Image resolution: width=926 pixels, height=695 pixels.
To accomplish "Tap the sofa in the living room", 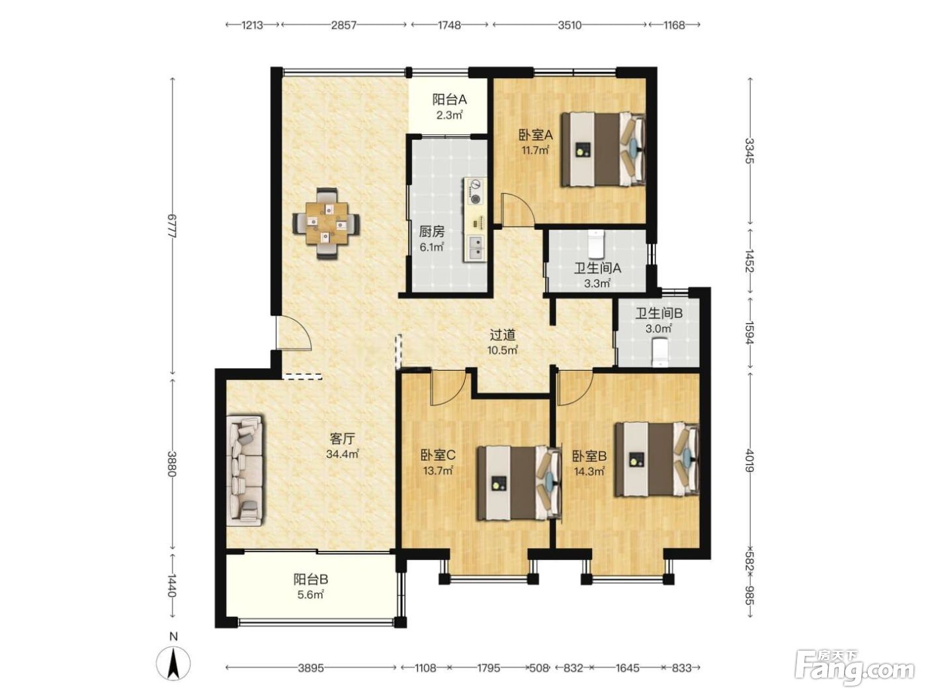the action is click(245, 471).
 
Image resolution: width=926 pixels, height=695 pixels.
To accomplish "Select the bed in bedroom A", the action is click(603, 149).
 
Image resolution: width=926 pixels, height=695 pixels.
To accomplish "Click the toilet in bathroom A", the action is click(595, 244).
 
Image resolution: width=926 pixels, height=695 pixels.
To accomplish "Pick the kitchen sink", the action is click(477, 248).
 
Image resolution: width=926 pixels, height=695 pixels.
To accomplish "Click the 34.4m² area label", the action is click(342, 454).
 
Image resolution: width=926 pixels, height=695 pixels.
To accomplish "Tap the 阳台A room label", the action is click(449, 99).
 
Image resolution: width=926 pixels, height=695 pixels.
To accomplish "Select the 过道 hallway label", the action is click(503, 335).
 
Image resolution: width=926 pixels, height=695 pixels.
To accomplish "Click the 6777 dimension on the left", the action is click(171, 226).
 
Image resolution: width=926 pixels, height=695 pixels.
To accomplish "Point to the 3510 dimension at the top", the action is click(569, 25).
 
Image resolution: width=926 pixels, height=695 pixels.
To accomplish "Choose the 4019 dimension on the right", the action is click(749, 461).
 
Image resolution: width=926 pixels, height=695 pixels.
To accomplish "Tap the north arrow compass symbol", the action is click(173, 663).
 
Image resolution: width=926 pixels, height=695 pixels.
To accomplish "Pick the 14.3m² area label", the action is click(589, 471).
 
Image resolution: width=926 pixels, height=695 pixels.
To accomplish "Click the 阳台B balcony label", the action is click(310, 579).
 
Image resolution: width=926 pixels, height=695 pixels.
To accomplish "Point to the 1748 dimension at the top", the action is click(449, 25).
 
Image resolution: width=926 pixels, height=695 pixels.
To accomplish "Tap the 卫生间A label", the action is click(597, 268).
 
